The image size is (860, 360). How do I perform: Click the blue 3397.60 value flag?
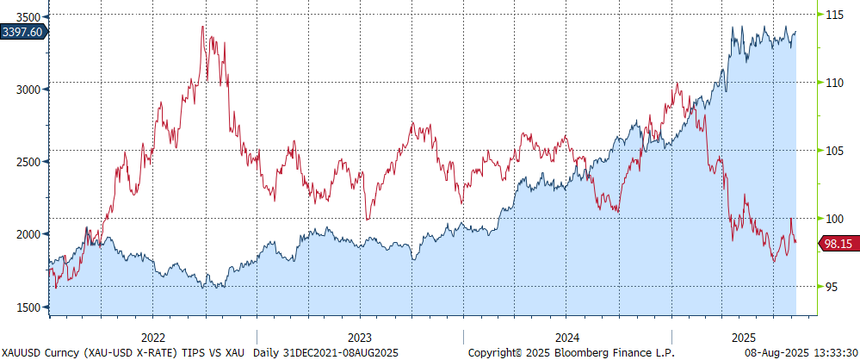[x=24, y=32]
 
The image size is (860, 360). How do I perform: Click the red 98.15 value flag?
[x=837, y=244]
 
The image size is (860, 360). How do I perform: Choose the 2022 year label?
[x=152, y=337]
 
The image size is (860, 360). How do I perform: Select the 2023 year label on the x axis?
[x=360, y=337]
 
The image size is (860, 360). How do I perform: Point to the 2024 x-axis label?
[x=567, y=337]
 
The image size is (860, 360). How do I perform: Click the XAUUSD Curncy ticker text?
[x=40, y=352]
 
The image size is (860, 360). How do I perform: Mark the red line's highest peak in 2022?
[x=202, y=27]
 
